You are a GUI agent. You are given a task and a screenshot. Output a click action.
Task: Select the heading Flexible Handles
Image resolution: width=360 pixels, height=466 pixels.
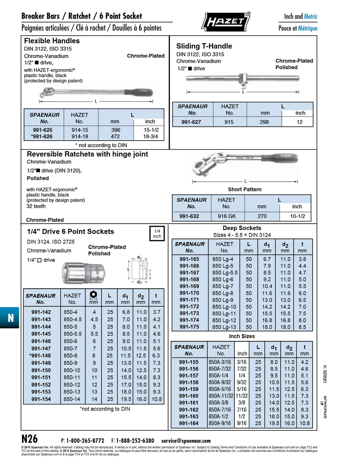coord(52,41)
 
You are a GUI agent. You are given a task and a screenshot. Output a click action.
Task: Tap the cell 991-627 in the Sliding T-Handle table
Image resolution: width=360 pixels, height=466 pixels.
coord(191,122)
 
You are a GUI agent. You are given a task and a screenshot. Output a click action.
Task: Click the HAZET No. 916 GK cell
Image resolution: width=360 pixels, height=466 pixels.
coord(227,216)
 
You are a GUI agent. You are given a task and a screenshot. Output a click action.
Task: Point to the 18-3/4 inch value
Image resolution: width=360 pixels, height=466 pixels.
coord(151,137)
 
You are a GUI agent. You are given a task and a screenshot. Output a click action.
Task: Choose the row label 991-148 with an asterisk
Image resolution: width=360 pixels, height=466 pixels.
coord(40,356)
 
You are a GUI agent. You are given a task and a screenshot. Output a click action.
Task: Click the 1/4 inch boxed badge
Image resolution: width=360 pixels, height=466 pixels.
coord(157,234)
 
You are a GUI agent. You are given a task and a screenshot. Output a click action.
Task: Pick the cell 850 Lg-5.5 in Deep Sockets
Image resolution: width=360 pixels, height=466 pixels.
coord(225,273)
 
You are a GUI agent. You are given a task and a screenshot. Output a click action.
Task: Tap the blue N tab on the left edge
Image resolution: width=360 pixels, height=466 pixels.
coord(10,318)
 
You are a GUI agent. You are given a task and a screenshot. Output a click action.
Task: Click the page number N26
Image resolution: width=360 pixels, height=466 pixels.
coord(29,438)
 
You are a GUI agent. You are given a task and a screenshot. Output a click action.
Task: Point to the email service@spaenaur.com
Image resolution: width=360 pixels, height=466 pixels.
coord(186,441)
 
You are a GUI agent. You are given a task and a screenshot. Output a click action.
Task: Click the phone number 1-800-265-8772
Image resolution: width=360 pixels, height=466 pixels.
coord(85,441)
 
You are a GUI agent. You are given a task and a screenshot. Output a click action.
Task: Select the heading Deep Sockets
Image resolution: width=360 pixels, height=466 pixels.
coord(242,228)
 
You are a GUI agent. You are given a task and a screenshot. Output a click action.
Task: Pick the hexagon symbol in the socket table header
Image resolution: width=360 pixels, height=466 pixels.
coord(93,295)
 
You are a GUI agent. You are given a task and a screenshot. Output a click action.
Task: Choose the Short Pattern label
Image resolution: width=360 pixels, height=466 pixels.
coord(245,189)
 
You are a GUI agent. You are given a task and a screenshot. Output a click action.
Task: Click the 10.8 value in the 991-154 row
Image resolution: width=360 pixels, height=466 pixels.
coord(157,399)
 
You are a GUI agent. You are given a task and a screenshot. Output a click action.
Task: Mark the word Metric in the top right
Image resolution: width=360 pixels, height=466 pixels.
coord(310,16)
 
